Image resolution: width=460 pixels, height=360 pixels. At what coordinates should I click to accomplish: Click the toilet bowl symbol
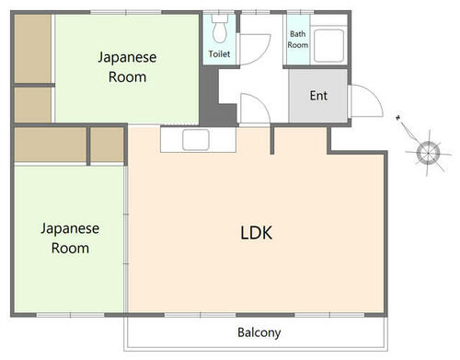220,29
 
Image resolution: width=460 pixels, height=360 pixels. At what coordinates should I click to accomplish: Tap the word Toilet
219,54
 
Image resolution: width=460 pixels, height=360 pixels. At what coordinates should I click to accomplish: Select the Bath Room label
298,40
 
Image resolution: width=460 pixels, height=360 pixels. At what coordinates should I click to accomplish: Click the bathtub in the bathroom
328,45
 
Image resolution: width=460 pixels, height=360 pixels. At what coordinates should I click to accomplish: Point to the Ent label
318,96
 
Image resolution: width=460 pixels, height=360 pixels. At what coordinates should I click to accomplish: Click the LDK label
256,233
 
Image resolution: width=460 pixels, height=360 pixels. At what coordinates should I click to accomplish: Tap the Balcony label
259,332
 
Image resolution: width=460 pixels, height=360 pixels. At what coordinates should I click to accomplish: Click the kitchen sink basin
196,140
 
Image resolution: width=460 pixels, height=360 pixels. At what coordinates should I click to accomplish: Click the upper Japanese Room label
127,67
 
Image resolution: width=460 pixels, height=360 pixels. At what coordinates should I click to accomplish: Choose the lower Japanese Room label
70,238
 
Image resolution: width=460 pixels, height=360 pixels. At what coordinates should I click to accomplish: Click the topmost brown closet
33,49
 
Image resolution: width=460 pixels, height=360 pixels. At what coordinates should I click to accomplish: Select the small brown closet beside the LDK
107,145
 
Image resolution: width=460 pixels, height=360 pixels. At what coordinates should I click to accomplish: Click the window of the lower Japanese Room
71,315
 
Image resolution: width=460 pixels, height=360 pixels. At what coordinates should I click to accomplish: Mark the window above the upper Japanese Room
126,12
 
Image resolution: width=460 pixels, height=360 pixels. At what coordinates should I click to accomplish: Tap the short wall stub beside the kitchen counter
272,140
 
